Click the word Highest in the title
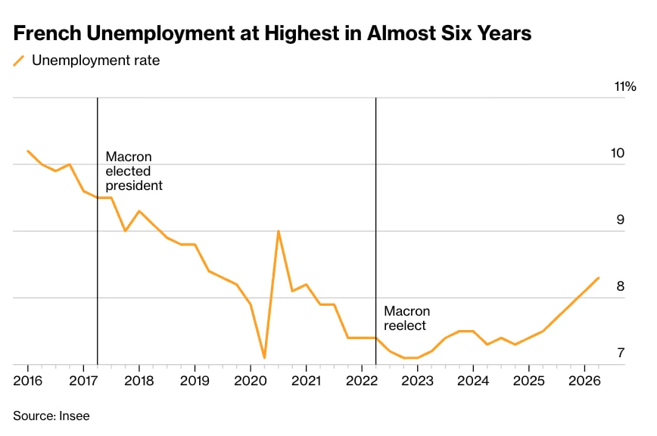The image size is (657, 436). [x=302, y=33]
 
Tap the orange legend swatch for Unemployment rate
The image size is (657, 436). [x=19, y=61]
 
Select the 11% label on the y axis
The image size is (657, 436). [x=625, y=86]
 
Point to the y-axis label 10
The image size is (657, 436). [x=618, y=154]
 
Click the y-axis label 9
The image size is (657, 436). [x=621, y=220]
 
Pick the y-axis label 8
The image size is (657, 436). [x=621, y=286]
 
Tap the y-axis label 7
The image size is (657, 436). [x=621, y=353]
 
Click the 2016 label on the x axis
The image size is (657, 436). [x=28, y=381]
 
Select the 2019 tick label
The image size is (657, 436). [x=195, y=381]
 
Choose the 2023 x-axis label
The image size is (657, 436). [x=417, y=381]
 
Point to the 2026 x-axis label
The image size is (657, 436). [x=584, y=381]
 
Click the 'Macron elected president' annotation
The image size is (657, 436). [x=134, y=171]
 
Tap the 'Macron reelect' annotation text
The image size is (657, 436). [x=407, y=319]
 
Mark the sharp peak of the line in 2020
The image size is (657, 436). [x=279, y=231]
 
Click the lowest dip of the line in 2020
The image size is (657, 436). [x=264, y=357]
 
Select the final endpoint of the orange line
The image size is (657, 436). [x=598, y=278]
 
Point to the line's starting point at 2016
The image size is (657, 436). [x=28, y=151]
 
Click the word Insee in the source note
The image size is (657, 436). [x=75, y=416]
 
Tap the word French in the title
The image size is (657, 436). [x=48, y=33]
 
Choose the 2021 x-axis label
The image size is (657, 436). [x=307, y=381]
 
